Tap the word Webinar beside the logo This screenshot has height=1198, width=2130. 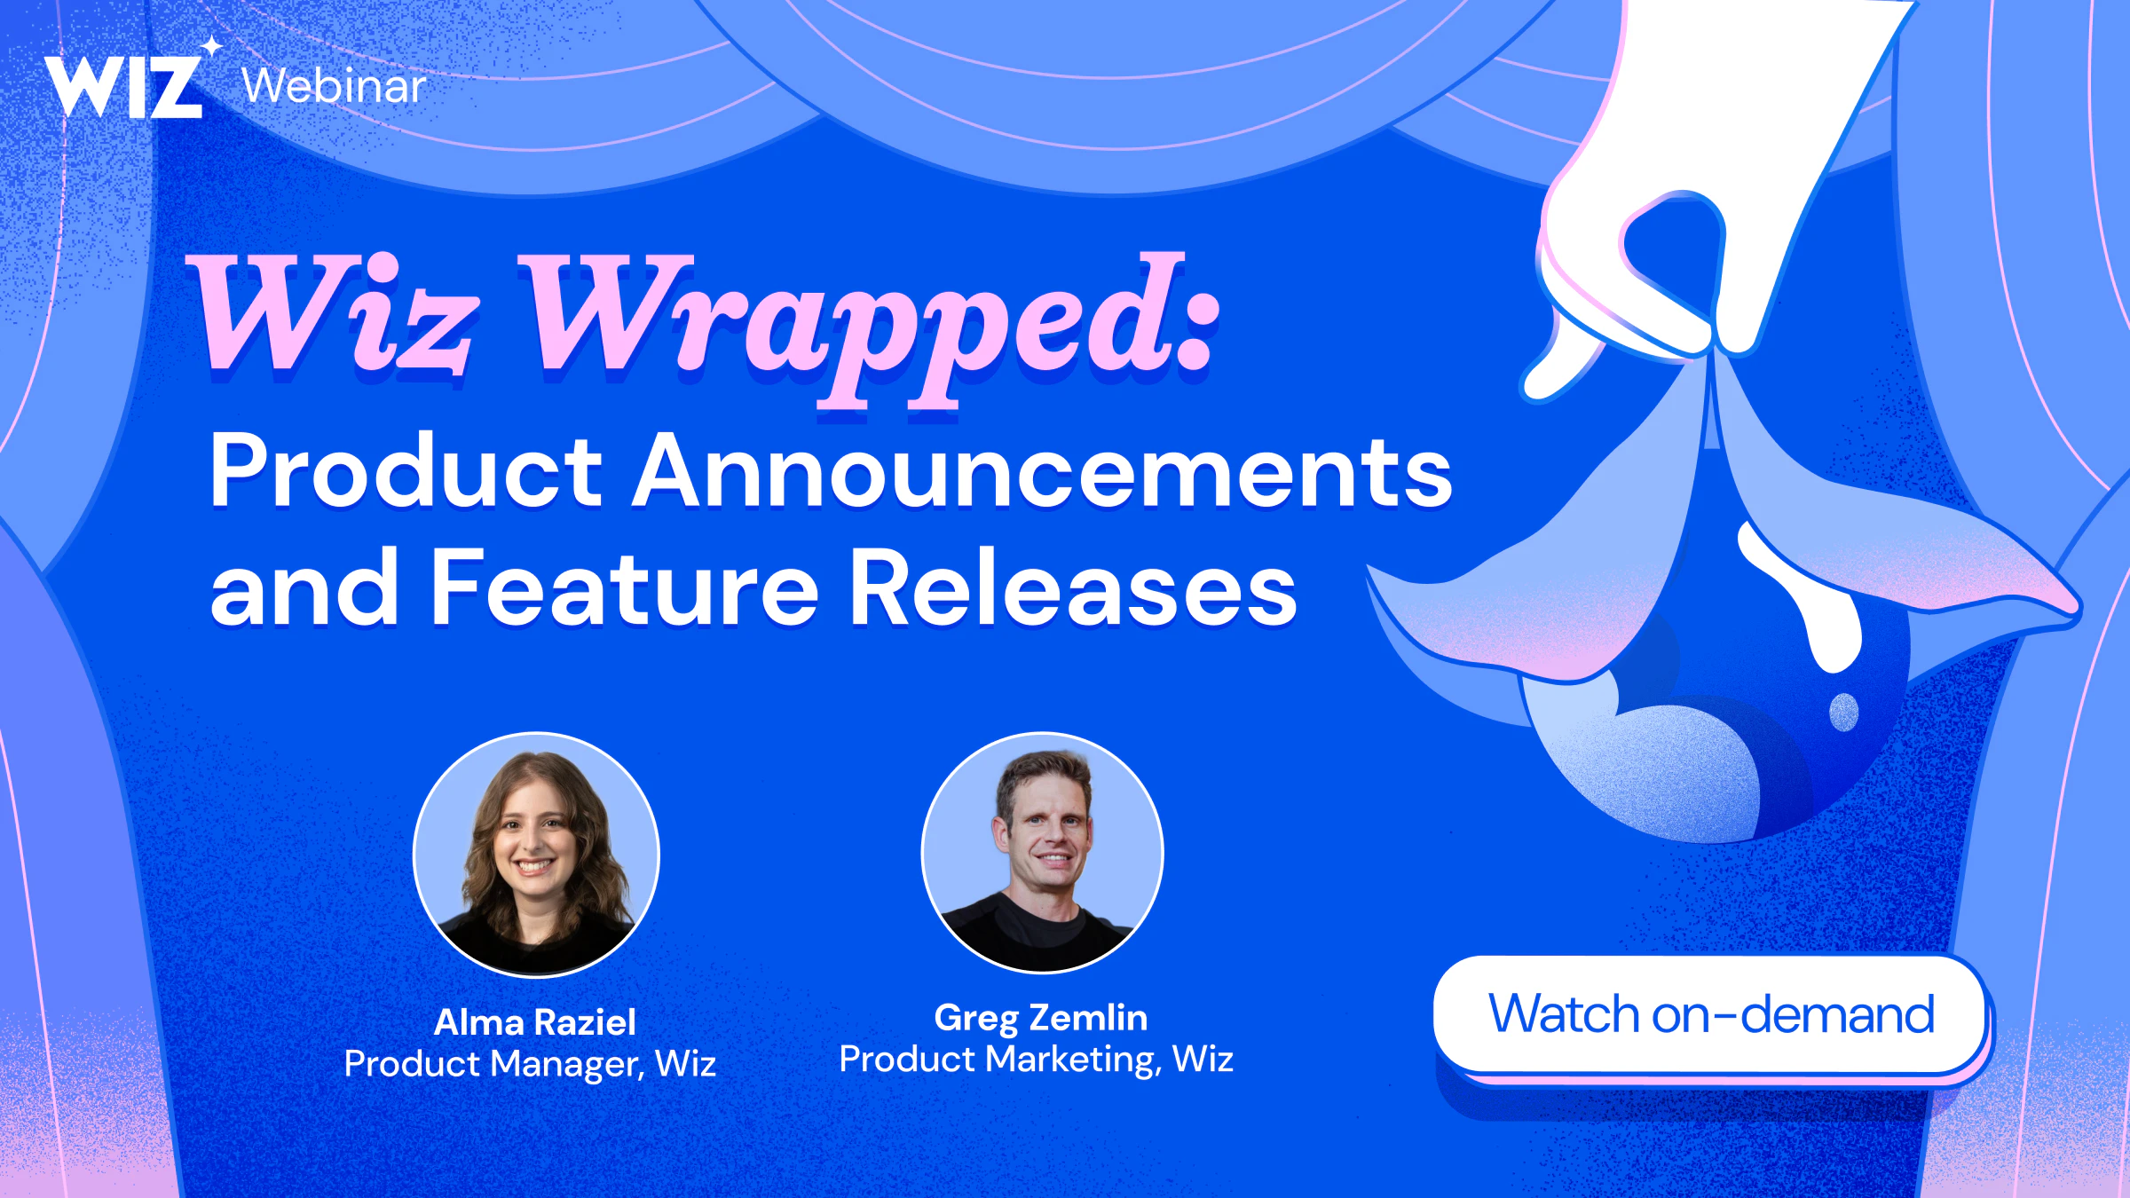click(334, 86)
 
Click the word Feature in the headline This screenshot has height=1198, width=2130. click(625, 587)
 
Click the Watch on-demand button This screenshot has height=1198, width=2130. click(1710, 1015)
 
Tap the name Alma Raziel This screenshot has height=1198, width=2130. click(535, 1022)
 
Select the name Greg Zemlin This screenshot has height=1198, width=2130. click(1041, 1018)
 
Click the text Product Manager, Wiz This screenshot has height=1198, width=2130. click(530, 1064)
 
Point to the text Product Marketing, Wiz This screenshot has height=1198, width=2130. click(1037, 1060)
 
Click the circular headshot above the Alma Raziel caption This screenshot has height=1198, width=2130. click(536, 855)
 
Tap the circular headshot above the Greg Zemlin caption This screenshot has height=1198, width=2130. click(1042, 853)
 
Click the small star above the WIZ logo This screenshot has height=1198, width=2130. click(211, 46)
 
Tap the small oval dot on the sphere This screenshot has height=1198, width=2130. click(1843, 712)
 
